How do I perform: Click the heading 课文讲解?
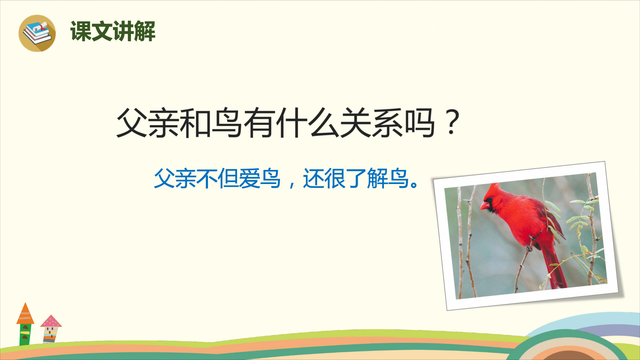(113, 31)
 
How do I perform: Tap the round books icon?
(37, 33)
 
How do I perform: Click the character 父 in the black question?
(132, 123)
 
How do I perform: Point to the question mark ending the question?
(452, 122)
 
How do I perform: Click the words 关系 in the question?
(371, 123)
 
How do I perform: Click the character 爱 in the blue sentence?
(249, 178)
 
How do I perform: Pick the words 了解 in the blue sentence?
(366, 178)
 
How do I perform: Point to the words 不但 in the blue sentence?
(217, 178)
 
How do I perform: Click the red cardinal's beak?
(484, 205)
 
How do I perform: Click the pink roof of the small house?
(51, 321)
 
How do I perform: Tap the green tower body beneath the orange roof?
(25, 334)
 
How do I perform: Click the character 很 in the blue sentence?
(335, 178)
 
